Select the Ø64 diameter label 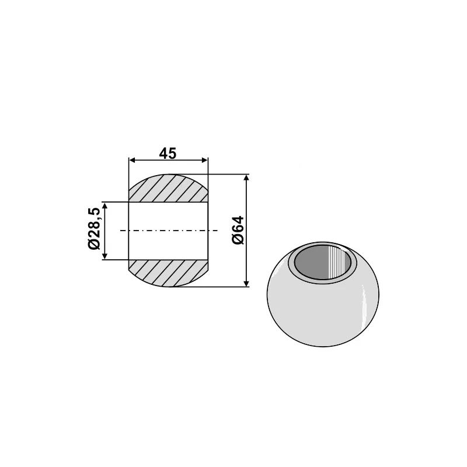click(237, 231)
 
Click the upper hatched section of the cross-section click(168, 189)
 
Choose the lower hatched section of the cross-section click(168, 273)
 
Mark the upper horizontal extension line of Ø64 click(228, 175)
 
